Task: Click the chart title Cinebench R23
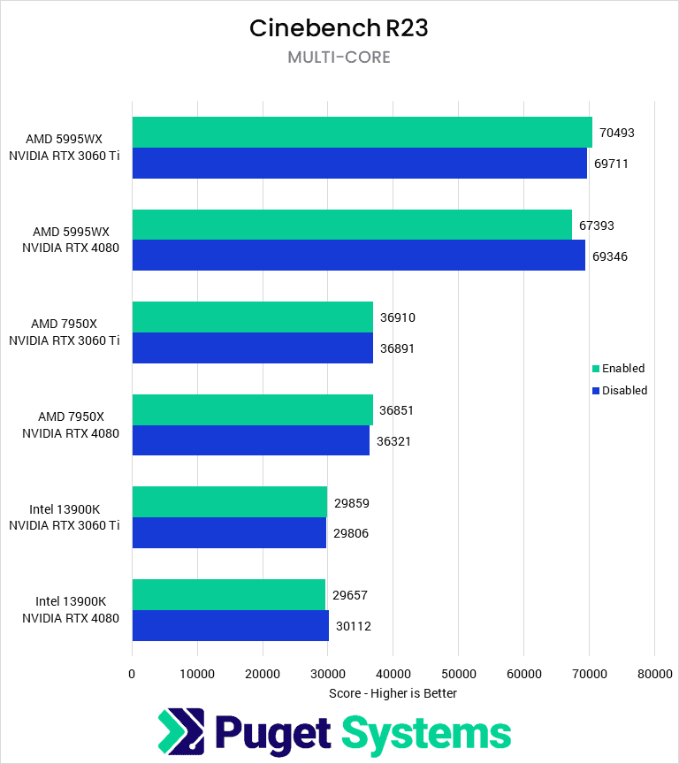(339, 28)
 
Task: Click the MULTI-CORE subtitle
(339, 57)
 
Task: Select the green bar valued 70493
(362, 133)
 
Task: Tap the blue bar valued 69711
(359, 164)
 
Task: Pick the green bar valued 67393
(352, 225)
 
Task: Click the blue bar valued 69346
(358, 256)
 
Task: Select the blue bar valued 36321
(250, 440)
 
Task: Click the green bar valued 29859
(229, 502)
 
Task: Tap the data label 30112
(354, 626)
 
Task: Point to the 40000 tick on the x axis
(393, 674)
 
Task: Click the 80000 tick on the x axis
(653, 674)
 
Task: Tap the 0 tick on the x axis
(133, 674)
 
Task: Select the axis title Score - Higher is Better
(393, 693)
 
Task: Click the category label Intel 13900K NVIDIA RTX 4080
(71, 610)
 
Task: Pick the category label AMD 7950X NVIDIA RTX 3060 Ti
(65, 332)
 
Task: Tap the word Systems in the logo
(426, 732)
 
